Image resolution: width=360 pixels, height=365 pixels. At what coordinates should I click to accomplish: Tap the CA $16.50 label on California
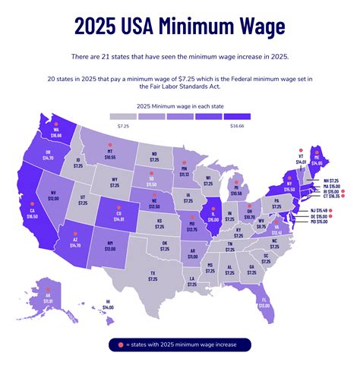[x=32, y=215]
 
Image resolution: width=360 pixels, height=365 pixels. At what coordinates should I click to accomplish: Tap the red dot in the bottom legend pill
[x=120, y=345]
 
